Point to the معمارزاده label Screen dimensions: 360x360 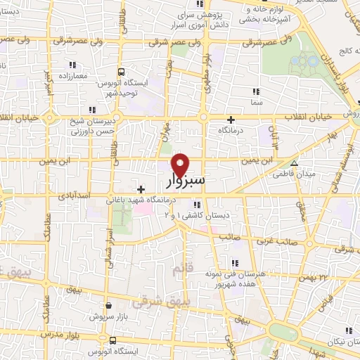pos(72,75)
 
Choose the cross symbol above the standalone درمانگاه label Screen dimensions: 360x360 pos(231,120)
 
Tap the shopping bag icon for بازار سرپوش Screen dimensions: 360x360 pos(110,306)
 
